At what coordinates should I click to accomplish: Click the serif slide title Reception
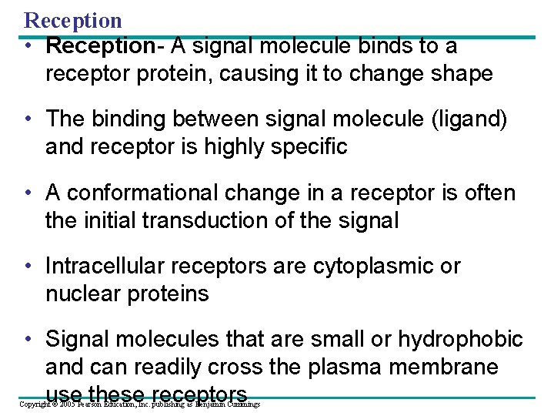73,19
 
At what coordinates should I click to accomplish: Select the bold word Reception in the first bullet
100,46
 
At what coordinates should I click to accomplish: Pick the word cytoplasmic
375,266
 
